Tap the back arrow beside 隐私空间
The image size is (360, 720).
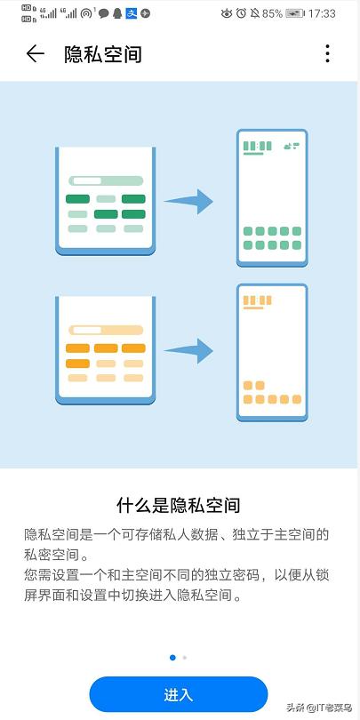coord(35,53)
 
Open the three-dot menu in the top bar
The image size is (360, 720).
coord(327,53)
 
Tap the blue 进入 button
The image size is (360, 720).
coord(178,694)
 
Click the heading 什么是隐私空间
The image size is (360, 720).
coord(178,506)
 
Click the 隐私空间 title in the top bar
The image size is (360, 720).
coord(103,54)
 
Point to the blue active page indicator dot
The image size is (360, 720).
coord(172,658)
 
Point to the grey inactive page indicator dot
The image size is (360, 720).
coord(185,658)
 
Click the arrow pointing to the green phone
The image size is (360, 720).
coord(188,201)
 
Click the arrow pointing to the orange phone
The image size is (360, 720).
coord(188,351)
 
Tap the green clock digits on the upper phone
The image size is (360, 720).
coord(257,146)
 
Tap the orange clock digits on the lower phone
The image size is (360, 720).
coord(257,300)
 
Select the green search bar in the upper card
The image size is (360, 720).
coord(106,180)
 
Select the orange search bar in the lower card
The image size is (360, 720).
coord(106,330)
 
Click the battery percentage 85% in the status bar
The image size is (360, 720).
coord(272,13)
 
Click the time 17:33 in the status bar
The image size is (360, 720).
coord(322,13)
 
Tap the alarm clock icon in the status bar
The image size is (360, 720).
coord(241,13)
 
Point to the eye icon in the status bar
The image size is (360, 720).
coord(227,13)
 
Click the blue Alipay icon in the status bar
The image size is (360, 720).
coord(132,13)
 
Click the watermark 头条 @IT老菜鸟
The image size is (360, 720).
coord(319,708)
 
